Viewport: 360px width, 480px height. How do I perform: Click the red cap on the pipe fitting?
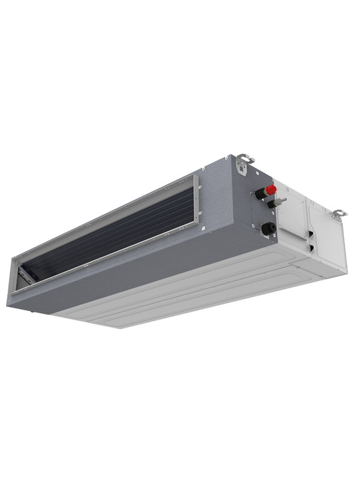[271, 190]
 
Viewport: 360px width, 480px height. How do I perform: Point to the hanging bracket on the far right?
[339, 213]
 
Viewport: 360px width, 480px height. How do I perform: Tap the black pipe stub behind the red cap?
[260, 194]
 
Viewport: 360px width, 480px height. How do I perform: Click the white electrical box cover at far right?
[327, 240]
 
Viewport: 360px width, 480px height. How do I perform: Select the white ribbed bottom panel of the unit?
[198, 288]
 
